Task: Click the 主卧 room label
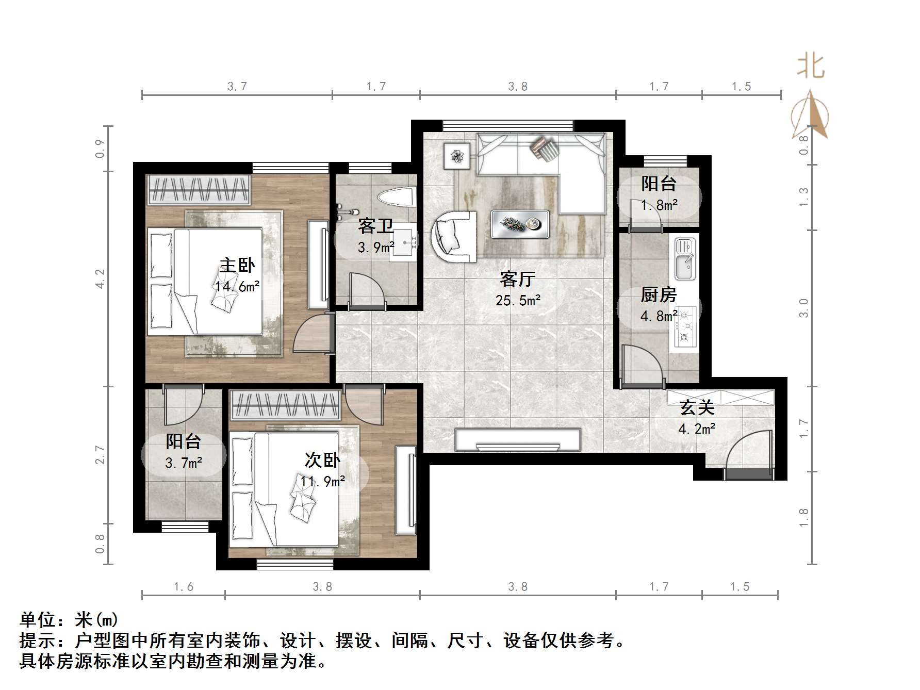pyautogui.click(x=237, y=265)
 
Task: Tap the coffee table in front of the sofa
pyautogui.click(x=520, y=224)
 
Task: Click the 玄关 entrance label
pyautogui.click(x=697, y=408)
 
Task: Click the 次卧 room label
pyautogui.click(x=322, y=459)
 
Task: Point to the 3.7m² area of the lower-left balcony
pyautogui.click(x=184, y=463)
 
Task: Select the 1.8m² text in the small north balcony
pyautogui.click(x=659, y=205)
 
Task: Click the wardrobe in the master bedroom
pyautogui.click(x=199, y=190)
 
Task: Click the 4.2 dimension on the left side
pyautogui.click(x=100, y=279)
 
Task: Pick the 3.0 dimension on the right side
pyautogui.click(x=803, y=308)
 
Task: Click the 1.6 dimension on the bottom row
pyautogui.click(x=184, y=587)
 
